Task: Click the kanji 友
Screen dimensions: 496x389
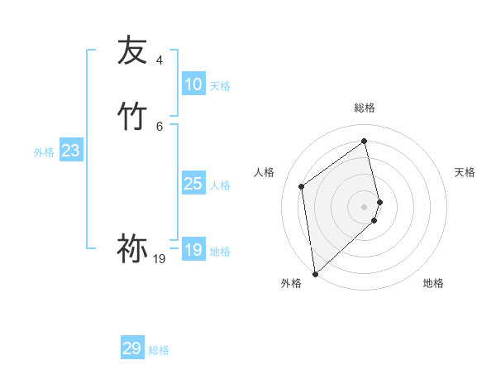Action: point(132,50)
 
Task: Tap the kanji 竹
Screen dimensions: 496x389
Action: point(132,117)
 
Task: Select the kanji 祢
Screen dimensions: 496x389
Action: point(132,249)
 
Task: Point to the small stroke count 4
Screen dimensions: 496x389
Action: point(160,60)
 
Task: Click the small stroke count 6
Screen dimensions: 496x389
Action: point(160,126)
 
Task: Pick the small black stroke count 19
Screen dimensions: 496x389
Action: point(160,259)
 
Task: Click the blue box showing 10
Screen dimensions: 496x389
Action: point(193,84)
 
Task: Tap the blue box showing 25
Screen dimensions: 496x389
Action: point(193,184)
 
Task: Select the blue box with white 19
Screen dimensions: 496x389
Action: point(193,250)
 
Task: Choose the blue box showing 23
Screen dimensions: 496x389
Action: point(71,151)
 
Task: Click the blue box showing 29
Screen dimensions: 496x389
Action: point(132,348)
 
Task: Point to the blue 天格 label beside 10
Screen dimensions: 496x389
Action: point(220,86)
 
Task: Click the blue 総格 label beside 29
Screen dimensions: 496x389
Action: point(159,350)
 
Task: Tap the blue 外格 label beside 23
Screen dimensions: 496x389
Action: point(44,152)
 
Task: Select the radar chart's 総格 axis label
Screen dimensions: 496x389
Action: point(365,108)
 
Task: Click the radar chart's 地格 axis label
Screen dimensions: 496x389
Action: point(433,284)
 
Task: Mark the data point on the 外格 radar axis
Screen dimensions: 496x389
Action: point(315,273)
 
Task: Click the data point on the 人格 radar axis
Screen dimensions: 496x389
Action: point(302,186)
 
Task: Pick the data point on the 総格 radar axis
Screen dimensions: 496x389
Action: point(365,141)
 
